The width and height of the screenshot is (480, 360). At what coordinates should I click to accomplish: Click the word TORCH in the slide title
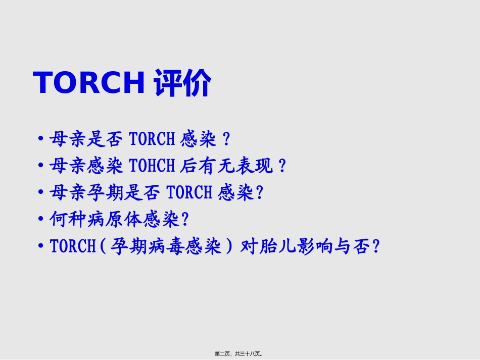[x=89, y=83]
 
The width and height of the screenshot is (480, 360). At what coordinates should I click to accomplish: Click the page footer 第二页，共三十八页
[x=239, y=354]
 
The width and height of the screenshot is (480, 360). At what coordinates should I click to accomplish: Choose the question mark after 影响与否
[x=375, y=247]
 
